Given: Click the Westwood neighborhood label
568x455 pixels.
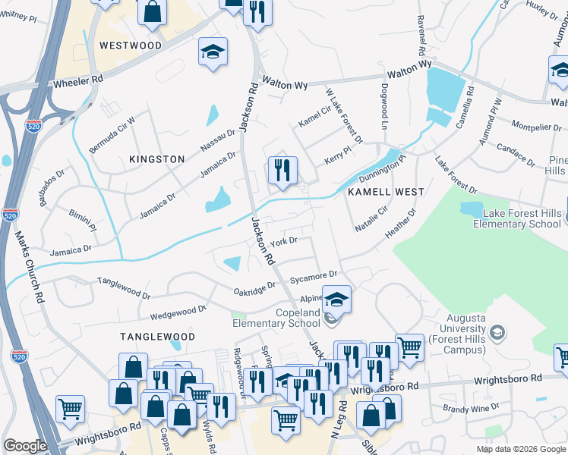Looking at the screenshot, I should tap(130, 45).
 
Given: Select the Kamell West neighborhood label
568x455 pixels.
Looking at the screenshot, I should tap(385, 192).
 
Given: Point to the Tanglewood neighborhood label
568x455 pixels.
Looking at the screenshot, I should tap(157, 336).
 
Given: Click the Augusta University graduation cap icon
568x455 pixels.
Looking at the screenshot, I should tap(497, 332).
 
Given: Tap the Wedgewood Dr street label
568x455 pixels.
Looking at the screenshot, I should tap(178, 309).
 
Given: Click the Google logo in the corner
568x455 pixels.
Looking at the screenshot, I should tap(25, 446).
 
